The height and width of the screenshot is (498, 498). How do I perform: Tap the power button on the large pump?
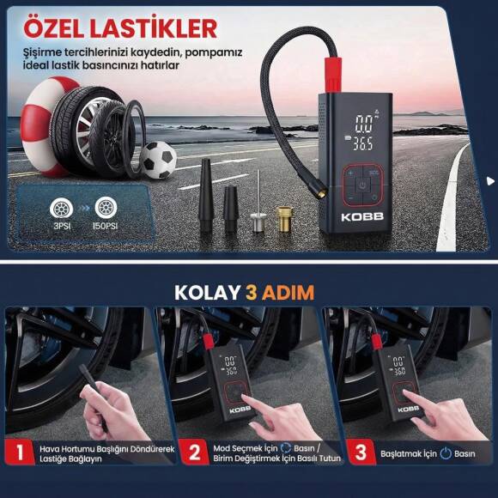click(x=363, y=184)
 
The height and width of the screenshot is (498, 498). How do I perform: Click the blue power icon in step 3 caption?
click(x=446, y=453)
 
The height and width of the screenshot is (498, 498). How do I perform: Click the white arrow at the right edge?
click(x=490, y=181)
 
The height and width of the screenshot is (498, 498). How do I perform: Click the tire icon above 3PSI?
click(x=61, y=206)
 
